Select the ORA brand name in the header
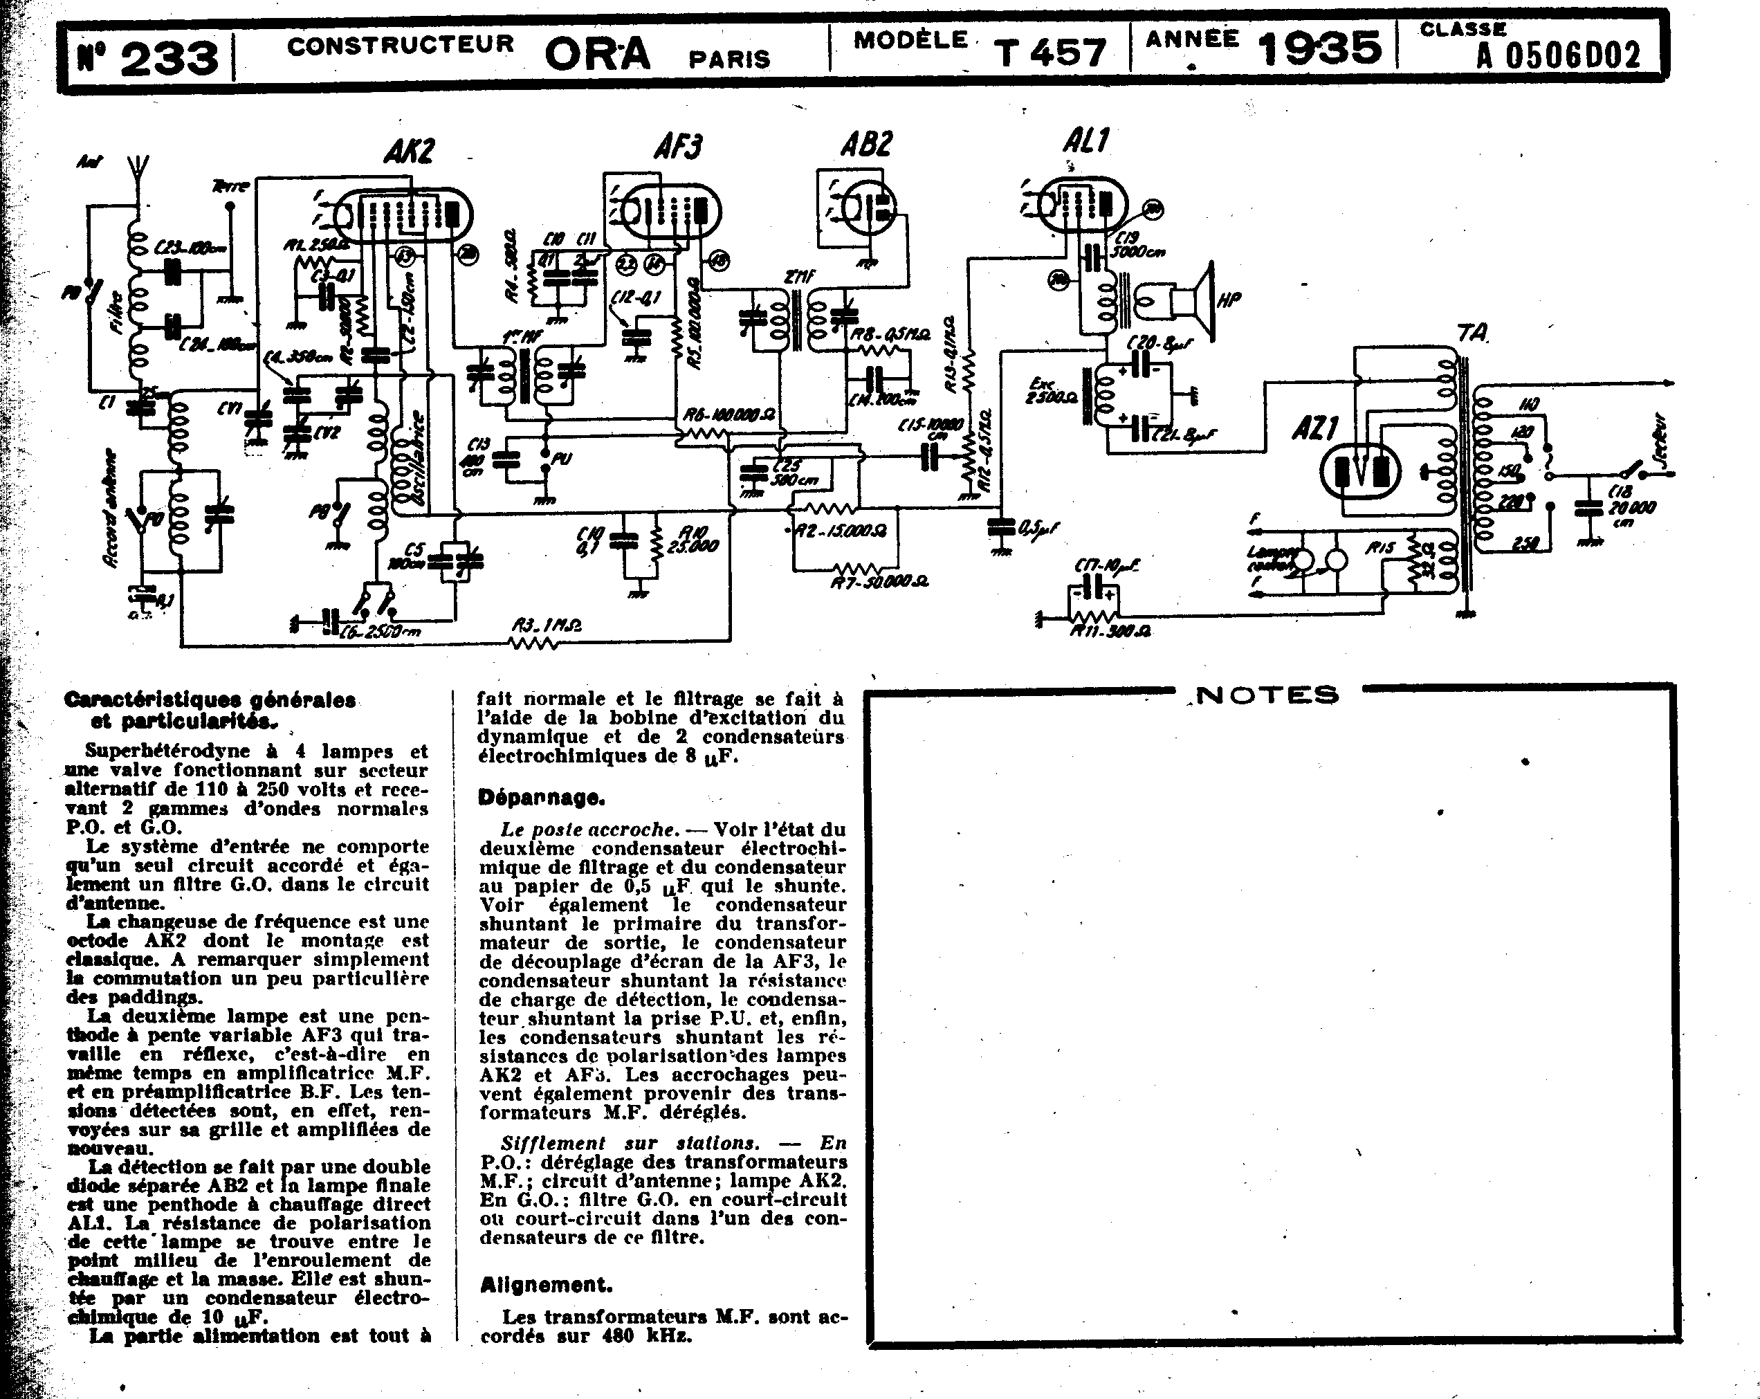598,55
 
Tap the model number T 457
1052,53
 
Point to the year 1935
1320,49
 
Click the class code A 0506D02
1557,55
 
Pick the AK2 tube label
408,151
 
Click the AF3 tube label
677,147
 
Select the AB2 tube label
865,145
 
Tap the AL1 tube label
1085,141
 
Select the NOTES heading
1267,695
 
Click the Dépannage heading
541,798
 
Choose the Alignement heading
545,1285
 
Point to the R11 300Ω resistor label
1111,631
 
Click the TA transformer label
1474,333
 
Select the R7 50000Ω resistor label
879,581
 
